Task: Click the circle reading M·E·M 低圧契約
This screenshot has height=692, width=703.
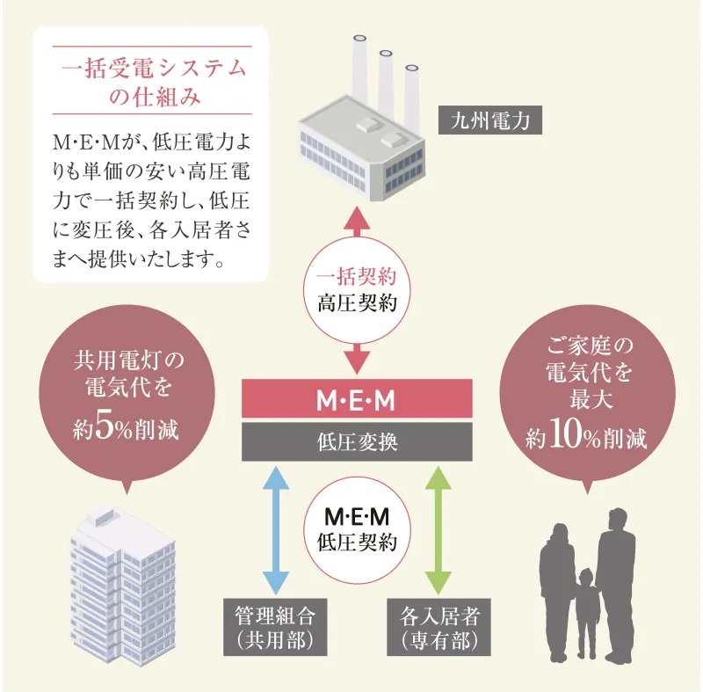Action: click(x=357, y=528)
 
